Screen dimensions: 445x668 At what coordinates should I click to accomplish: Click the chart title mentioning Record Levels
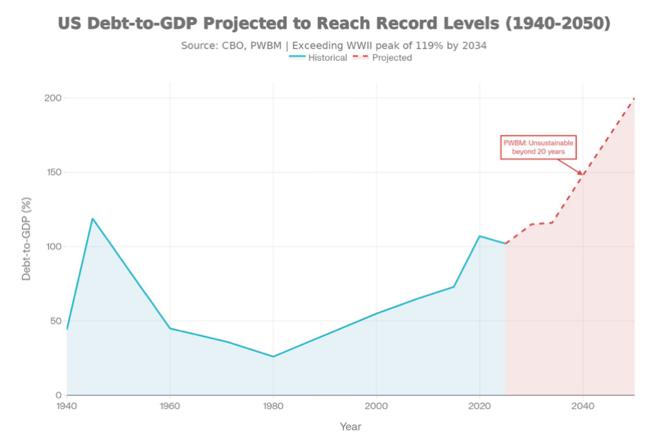[334, 24]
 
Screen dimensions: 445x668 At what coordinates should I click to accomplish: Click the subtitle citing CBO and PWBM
[334, 46]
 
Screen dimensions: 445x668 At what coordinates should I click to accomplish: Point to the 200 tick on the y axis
[52, 98]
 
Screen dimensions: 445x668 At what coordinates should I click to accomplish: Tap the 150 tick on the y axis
[52, 172]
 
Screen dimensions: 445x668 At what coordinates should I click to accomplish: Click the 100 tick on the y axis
[52, 247]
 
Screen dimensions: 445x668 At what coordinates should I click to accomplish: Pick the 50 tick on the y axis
[54, 321]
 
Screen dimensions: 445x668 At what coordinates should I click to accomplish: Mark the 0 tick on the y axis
[57, 395]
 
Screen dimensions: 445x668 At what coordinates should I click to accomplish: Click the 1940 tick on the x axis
[67, 407]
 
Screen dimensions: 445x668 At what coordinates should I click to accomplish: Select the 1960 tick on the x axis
[170, 407]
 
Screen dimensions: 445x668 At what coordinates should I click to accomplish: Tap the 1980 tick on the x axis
[273, 407]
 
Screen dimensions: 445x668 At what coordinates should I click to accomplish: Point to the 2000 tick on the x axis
[377, 407]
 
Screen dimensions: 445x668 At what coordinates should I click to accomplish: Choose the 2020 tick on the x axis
[479, 407]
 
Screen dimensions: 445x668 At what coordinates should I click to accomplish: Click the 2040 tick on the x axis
[583, 407]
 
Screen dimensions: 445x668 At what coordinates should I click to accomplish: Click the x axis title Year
[351, 427]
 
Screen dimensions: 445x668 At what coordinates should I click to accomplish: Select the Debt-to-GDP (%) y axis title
[27, 239]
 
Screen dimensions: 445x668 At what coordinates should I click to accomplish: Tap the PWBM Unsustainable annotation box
[538, 147]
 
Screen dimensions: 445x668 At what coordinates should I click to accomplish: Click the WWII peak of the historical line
[93, 219]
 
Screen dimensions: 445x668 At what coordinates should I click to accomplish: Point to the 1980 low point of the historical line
[273, 357]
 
